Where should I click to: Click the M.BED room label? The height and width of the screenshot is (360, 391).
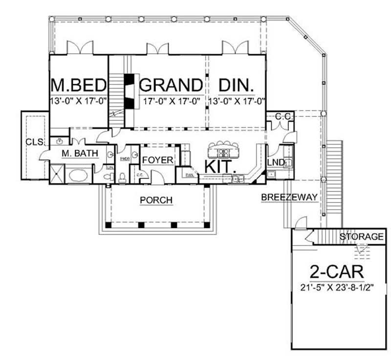tap(79, 85)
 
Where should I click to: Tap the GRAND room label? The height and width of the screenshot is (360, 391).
tap(171, 85)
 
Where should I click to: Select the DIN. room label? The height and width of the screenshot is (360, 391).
tap(237, 85)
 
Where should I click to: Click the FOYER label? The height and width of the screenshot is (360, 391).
tap(157, 160)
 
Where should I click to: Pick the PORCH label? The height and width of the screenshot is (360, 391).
tap(156, 200)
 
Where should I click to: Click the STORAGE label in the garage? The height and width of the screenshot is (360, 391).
tap(362, 237)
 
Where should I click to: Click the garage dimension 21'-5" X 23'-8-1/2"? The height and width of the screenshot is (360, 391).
tap(337, 287)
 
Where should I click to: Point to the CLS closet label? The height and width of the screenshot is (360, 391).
tap(33, 142)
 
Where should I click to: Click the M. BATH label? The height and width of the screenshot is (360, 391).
tap(80, 154)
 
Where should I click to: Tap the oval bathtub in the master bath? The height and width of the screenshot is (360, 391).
tap(78, 175)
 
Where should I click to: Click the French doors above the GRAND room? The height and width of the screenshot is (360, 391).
tap(157, 48)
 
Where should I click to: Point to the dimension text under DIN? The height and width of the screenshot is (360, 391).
tap(237, 102)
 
